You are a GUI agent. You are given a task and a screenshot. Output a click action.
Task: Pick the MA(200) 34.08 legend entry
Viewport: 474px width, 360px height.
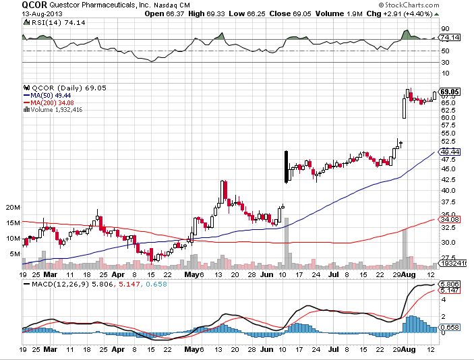pos(51,102)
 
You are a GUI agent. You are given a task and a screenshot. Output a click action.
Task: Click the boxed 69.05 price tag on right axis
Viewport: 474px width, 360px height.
pos(450,91)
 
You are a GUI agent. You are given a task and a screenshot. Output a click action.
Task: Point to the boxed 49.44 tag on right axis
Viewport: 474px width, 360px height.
pos(450,152)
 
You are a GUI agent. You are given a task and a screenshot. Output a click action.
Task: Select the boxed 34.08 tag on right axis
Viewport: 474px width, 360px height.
pos(450,219)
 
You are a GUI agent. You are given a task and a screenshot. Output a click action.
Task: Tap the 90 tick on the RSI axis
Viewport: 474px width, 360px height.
pos(444,28)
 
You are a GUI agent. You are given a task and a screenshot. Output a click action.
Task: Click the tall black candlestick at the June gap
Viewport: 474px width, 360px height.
pos(287,167)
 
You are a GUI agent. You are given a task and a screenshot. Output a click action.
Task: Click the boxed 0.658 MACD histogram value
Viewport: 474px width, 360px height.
pos(450,328)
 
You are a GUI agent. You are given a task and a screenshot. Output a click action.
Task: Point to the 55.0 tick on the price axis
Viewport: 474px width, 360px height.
pos(446,133)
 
